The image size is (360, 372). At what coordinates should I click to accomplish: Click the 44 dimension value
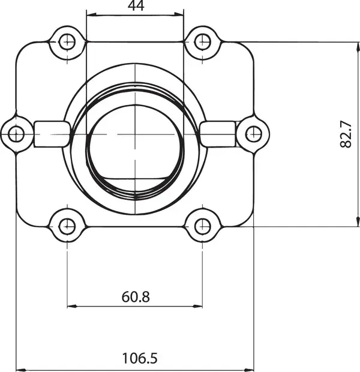coord(136,5)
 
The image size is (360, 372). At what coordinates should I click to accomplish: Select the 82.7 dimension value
coord(346,134)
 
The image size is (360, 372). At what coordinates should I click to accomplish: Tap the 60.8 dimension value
coord(136,297)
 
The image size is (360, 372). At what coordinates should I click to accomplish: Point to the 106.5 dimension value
coord(140,358)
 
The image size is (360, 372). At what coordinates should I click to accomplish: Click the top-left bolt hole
coord(67,42)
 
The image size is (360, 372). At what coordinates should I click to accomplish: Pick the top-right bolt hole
coord(202,42)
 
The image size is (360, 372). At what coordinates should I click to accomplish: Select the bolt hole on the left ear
coord(16,134)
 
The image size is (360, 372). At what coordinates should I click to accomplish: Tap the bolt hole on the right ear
coord(254,134)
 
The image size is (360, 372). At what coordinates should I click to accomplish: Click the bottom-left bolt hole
coord(67,227)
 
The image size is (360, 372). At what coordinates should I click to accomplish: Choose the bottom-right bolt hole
coord(202,227)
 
